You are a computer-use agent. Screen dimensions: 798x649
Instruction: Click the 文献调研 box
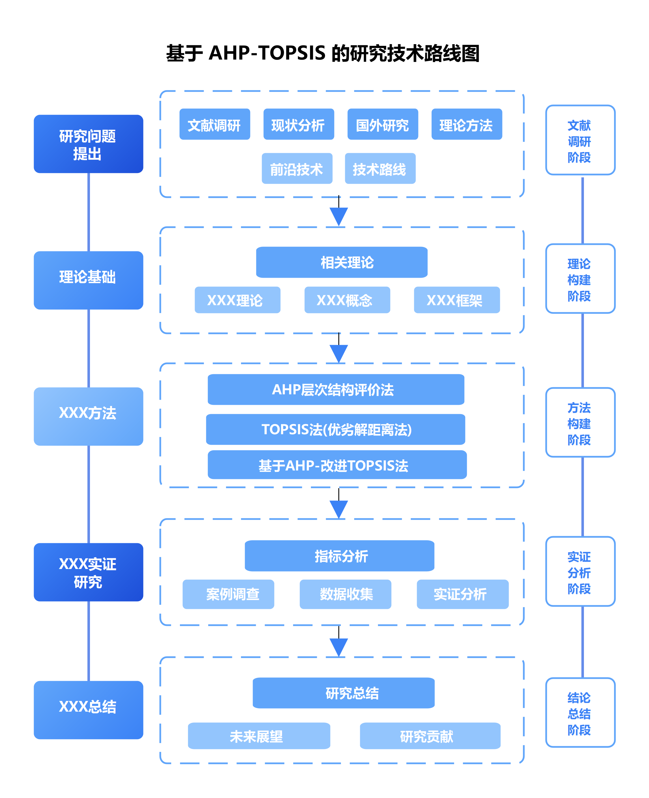point(214,125)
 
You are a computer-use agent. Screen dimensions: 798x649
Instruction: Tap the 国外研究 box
point(382,125)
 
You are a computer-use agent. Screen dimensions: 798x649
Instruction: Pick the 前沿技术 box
point(297,168)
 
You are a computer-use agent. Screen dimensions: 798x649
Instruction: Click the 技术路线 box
point(380,168)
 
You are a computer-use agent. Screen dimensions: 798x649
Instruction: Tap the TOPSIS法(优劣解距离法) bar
point(336,429)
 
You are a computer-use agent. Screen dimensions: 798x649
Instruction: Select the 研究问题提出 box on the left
point(88,144)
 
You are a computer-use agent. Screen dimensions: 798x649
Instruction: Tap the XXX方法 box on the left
point(88,416)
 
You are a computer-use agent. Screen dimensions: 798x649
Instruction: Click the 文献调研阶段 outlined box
point(580,140)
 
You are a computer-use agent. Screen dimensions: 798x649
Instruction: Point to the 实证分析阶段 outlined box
point(580,571)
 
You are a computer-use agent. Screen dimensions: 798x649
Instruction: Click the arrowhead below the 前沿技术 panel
point(339,216)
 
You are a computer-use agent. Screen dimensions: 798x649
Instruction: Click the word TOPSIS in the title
point(292,53)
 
